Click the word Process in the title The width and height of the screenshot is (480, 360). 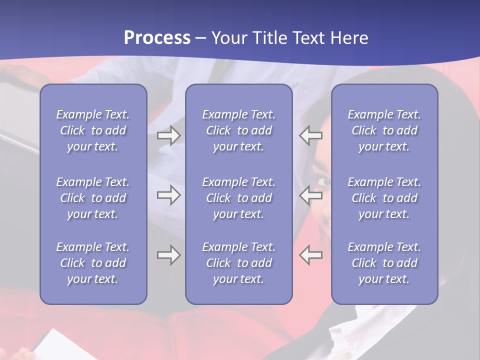point(157,38)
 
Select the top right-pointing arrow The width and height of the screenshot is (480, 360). point(168,135)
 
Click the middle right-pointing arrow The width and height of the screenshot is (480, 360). point(168,195)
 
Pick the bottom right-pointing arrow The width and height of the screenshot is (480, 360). point(168,255)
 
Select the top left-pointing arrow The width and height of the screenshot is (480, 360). point(311,135)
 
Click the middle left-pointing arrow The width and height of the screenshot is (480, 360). point(311,195)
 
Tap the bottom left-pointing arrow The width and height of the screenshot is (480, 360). point(311,255)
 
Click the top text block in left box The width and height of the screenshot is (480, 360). point(93,130)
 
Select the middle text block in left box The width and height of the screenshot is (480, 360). point(93,198)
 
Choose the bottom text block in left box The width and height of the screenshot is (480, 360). point(93,263)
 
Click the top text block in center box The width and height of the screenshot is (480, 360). point(238,130)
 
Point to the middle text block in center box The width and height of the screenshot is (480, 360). point(238,198)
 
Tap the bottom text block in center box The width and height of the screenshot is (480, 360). point(238,263)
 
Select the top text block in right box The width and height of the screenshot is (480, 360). point(384,130)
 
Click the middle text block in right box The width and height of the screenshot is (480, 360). point(384,198)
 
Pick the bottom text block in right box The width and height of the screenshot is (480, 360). point(384,263)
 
